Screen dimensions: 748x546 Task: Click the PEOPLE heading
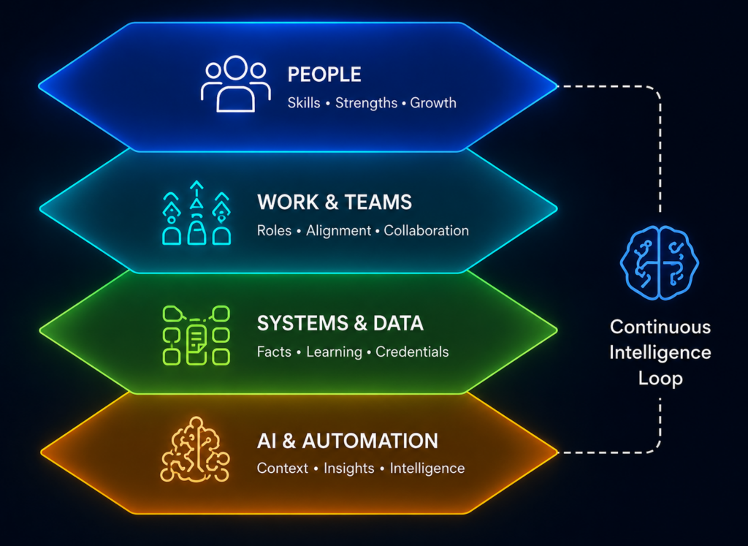click(324, 75)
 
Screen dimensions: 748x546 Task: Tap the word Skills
click(304, 102)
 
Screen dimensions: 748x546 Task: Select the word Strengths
click(367, 103)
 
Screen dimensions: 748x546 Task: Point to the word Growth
click(433, 102)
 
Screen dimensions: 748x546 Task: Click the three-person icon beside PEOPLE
click(236, 84)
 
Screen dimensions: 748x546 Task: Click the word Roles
click(275, 230)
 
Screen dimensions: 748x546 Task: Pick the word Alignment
click(339, 231)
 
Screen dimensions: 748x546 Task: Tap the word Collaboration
click(427, 230)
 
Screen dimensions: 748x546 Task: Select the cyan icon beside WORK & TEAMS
click(196, 213)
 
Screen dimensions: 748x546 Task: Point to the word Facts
click(274, 352)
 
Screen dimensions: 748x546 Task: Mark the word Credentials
click(412, 352)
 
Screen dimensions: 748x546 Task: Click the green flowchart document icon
click(196, 335)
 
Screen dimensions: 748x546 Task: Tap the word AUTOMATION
click(370, 441)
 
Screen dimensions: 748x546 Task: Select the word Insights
click(349, 469)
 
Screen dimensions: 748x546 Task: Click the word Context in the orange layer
click(283, 469)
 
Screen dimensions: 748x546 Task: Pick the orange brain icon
click(194, 450)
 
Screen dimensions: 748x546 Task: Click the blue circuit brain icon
click(660, 263)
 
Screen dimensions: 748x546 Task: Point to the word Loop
click(660, 379)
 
